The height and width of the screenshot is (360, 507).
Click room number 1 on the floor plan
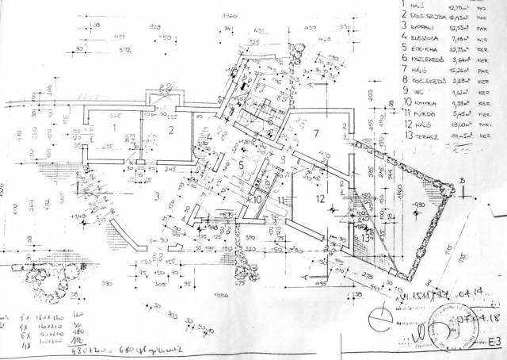tap(114, 127)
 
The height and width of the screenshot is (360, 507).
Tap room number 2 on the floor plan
tap(170, 130)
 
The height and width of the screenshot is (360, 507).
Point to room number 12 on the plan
tap(321, 198)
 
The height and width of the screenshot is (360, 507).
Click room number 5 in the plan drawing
tap(241, 165)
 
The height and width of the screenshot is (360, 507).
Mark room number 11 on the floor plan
tap(282, 201)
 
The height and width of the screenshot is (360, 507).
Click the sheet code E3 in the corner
tap(494, 343)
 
